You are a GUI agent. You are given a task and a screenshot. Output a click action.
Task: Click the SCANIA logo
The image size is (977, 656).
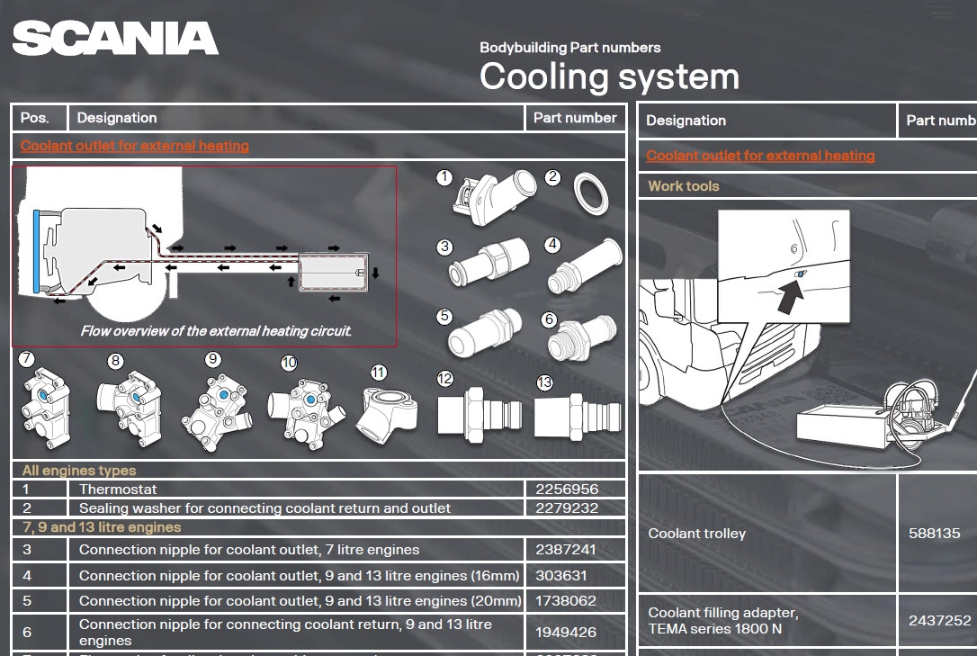coord(115,39)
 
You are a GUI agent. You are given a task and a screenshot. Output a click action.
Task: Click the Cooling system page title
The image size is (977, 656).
coord(609,76)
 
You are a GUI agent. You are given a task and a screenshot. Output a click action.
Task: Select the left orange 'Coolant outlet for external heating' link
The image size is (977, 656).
coord(135,146)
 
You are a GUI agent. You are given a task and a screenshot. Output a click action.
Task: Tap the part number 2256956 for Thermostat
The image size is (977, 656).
coord(567,490)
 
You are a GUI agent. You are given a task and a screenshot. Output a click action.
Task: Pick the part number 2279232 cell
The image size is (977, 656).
coord(567,508)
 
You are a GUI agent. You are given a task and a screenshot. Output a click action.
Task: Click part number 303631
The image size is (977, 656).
coord(560,576)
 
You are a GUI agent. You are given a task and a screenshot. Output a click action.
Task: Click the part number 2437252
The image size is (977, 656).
coord(939,620)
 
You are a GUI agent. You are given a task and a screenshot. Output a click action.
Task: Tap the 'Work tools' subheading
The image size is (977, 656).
coord(684,186)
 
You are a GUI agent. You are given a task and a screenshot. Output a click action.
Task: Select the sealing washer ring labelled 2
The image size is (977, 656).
coord(590,192)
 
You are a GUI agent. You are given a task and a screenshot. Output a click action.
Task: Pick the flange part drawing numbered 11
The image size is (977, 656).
coord(386,410)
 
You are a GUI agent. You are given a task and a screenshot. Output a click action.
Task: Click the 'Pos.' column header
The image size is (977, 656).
coord(35,118)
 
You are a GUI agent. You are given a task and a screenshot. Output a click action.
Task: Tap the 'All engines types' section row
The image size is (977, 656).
coord(79,471)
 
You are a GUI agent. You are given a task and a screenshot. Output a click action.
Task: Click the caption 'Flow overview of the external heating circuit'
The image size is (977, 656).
coord(216,331)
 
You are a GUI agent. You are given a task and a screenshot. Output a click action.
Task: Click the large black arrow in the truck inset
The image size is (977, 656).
coord(790,295)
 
